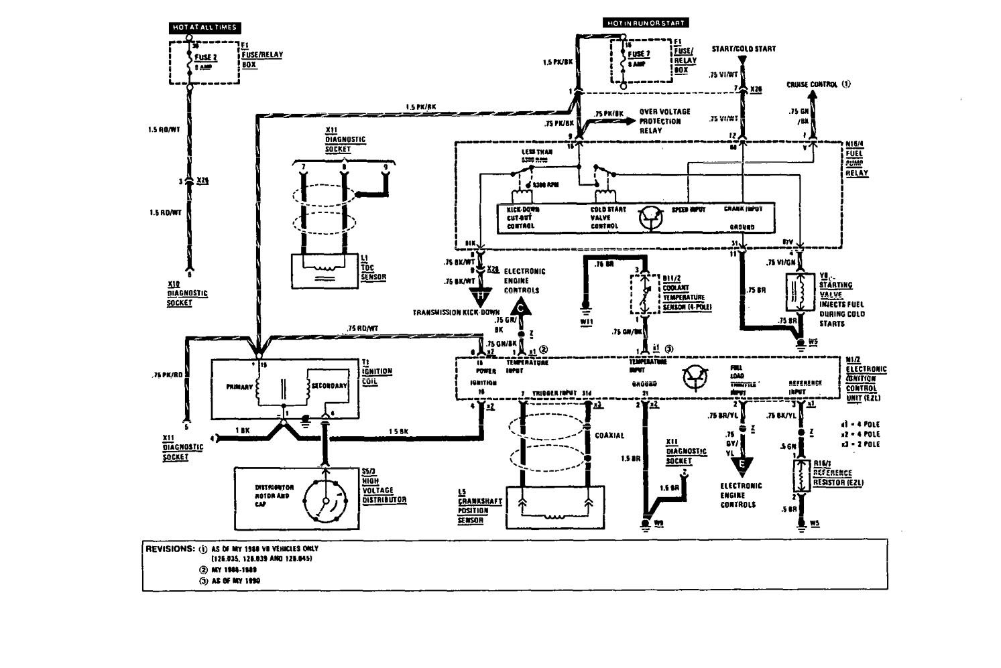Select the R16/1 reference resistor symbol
coord(800,477)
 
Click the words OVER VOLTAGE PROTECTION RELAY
coord(664,121)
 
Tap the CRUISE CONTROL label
coord(813,84)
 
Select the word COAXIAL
coord(609,436)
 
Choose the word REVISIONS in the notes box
coord(170,549)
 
